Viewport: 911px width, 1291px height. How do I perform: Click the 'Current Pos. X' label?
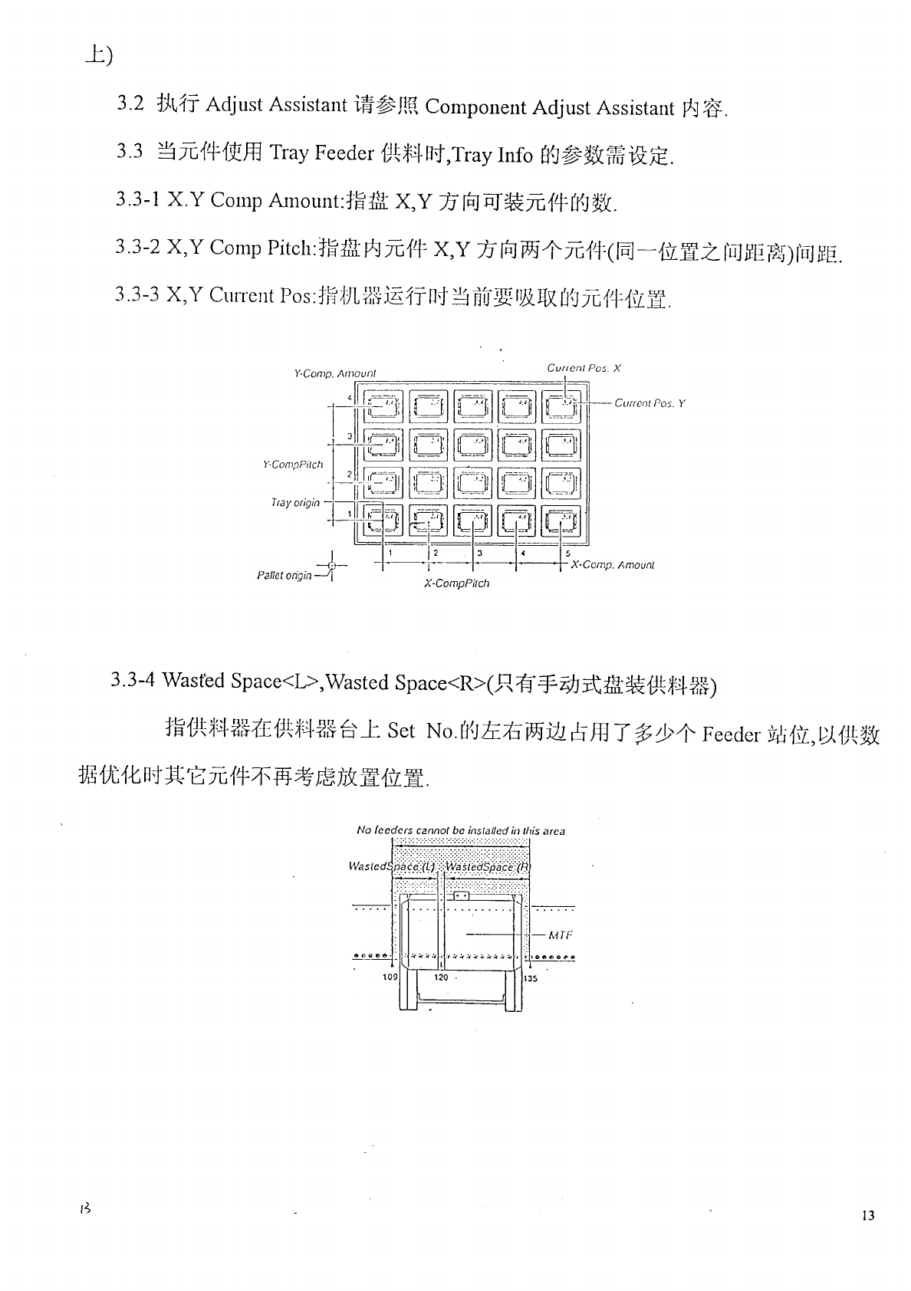pyautogui.click(x=584, y=368)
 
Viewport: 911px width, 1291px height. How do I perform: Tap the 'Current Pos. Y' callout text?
pyautogui.click(x=650, y=403)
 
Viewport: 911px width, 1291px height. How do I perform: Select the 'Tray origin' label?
pyautogui.click(x=295, y=503)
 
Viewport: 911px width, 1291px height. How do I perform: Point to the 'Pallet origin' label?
pyautogui.click(x=284, y=575)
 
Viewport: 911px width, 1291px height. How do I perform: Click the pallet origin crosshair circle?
pyautogui.click(x=331, y=567)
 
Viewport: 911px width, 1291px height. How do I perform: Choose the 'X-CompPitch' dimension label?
pyautogui.click(x=456, y=583)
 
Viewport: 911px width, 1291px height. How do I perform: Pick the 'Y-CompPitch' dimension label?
pyautogui.click(x=292, y=465)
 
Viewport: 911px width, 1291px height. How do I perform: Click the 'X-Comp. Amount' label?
pyautogui.click(x=613, y=565)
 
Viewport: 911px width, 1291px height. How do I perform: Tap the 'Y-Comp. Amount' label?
pyautogui.click(x=335, y=374)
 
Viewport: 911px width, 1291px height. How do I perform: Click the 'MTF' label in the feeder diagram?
pyautogui.click(x=561, y=935)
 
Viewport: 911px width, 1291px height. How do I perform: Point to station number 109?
pyautogui.click(x=390, y=977)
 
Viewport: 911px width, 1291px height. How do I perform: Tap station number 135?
pyautogui.click(x=530, y=978)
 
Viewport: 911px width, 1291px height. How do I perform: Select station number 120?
pyautogui.click(x=442, y=977)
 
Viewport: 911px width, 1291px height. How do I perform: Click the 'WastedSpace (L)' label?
pyautogui.click(x=391, y=866)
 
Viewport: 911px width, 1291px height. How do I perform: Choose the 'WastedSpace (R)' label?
pyautogui.click(x=488, y=866)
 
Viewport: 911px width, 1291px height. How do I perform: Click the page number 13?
pyautogui.click(x=868, y=1215)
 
